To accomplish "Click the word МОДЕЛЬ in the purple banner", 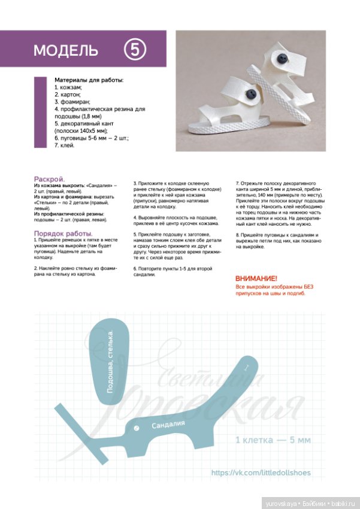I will [x=65, y=50].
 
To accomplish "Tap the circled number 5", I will [x=135, y=50].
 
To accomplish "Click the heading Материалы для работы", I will [x=89, y=80].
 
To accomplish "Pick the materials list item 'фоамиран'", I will [x=74, y=102].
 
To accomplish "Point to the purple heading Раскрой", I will [x=50, y=178].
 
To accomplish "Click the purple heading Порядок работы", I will [x=63, y=233].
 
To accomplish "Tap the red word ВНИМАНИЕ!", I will [x=256, y=279].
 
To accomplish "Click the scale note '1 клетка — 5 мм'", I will [x=273, y=440].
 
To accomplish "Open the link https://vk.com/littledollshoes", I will [x=261, y=473].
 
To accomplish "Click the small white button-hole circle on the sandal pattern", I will [x=137, y=428].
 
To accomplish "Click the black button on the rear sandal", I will [x=280, y=58].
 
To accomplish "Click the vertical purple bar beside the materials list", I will [x=40, y=112].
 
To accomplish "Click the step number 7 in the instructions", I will [x=237, y=183].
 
